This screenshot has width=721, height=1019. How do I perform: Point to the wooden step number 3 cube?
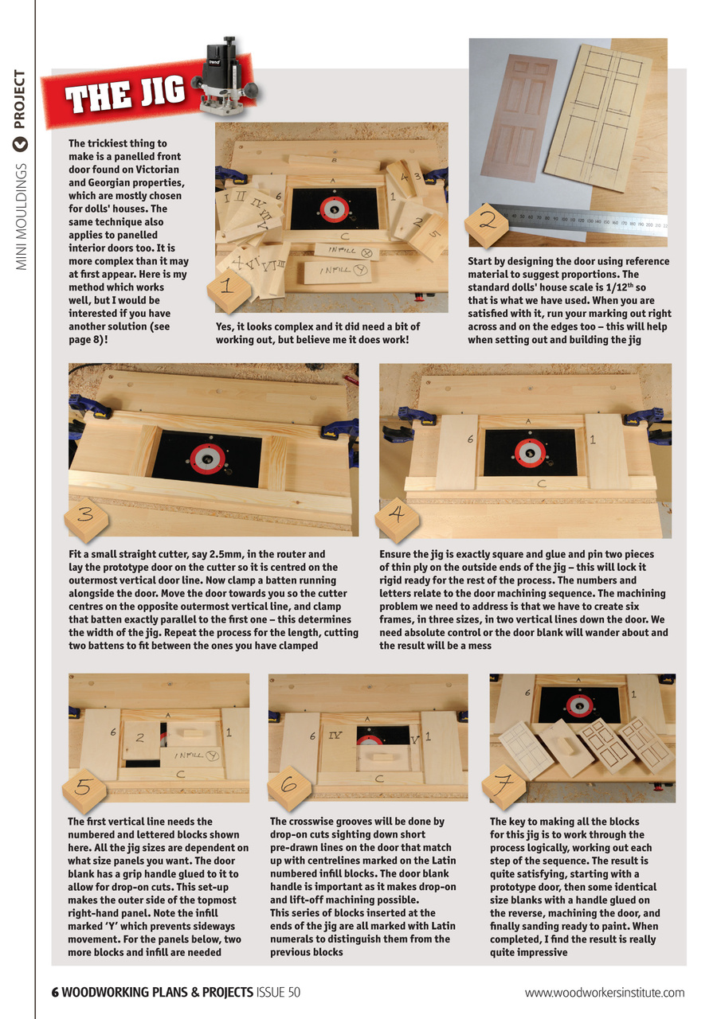(90, 514)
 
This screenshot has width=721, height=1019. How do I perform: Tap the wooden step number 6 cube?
(288, 785)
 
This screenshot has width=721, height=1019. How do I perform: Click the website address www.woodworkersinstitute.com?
(605, 992)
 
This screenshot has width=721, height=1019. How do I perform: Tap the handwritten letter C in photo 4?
(540, 482)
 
